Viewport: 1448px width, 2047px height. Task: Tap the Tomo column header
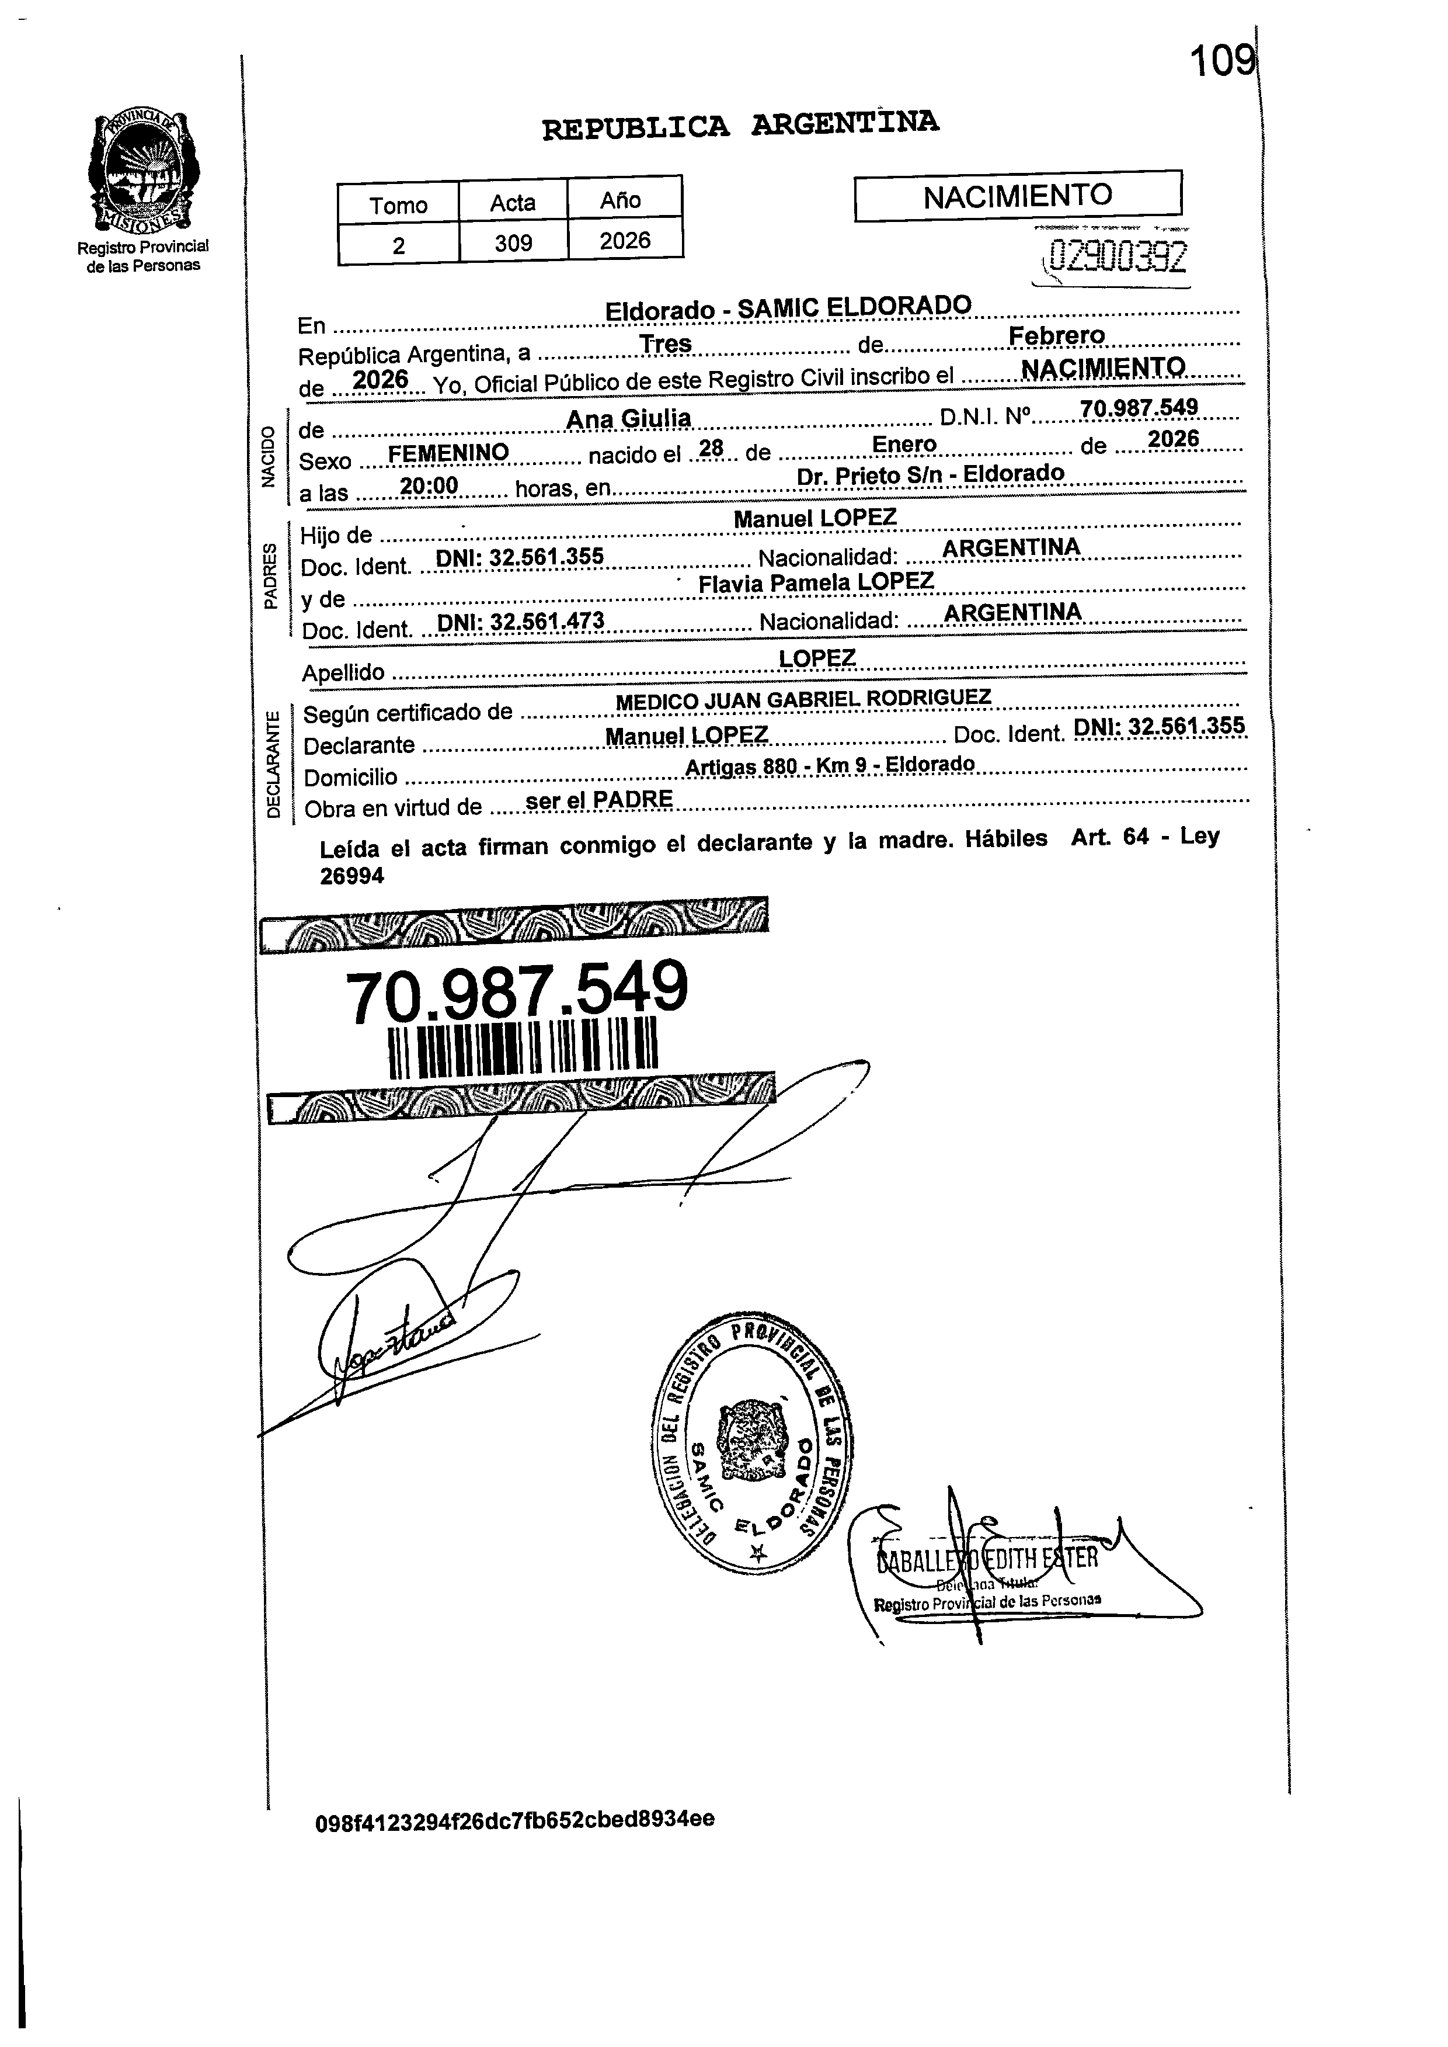[x=399, y=205]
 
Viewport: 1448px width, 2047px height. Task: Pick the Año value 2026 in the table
[x=625, y=241]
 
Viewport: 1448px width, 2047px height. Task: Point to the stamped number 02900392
[x=1118, y=258]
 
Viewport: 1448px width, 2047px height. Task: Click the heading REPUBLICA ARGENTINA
[x=740, y=125]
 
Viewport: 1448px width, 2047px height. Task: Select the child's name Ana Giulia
[x=629, y=418]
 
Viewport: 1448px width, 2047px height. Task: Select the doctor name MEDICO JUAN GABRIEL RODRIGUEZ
[x=803, y=699]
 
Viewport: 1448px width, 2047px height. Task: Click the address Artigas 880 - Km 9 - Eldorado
[x=829, y=765]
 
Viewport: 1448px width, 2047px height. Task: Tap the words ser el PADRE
[x=599, y=800]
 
